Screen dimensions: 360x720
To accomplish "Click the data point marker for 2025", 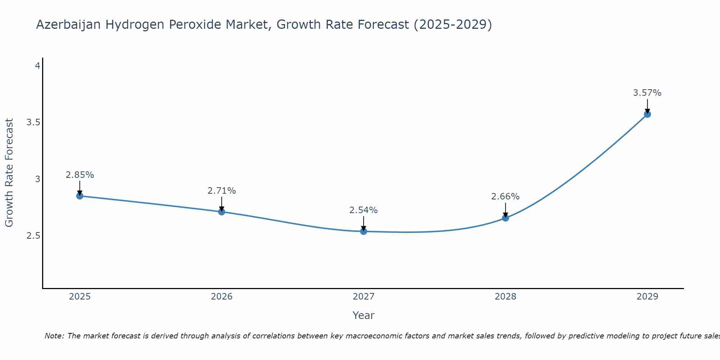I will click(80, 196).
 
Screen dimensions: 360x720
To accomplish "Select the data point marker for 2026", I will click(221, 212).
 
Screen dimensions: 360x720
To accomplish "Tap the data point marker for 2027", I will click(364, 231).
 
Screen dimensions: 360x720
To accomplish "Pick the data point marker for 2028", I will click(505, 218).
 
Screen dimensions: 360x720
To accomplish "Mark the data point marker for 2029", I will click(647, 114).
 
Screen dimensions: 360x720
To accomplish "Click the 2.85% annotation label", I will click(80, 175).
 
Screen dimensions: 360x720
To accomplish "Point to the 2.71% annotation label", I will click(221, 191).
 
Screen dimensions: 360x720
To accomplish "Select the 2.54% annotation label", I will click(364, 210).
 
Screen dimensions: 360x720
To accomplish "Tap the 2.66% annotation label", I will click(505, 197).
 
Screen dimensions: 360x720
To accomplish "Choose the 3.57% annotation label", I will click(647, 93).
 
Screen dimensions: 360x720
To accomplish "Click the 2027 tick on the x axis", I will click(364, 297).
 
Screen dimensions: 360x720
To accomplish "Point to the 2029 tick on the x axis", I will click(647, 297).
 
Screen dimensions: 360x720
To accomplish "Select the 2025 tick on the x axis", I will click(80, 297).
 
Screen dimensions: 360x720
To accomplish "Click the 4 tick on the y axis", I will click(37, 66).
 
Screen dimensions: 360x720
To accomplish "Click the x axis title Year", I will click(364, 315).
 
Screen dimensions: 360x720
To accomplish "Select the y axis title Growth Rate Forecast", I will click(9, 172).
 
